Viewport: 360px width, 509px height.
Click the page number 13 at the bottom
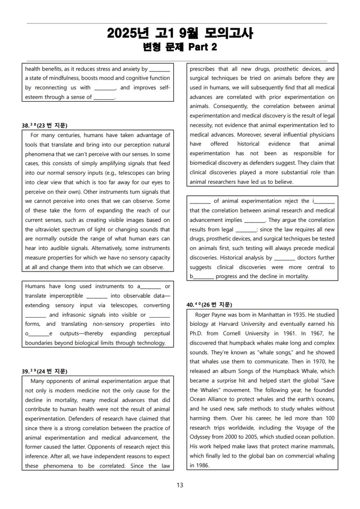point(180,485)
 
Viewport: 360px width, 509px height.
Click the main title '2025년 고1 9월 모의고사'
point(180,33)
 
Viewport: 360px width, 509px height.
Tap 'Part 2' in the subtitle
point(202,47)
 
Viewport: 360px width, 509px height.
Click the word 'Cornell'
point(244,333)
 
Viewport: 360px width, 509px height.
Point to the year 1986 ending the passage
point(203,465)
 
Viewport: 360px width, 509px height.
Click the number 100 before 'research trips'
point(329,418)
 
